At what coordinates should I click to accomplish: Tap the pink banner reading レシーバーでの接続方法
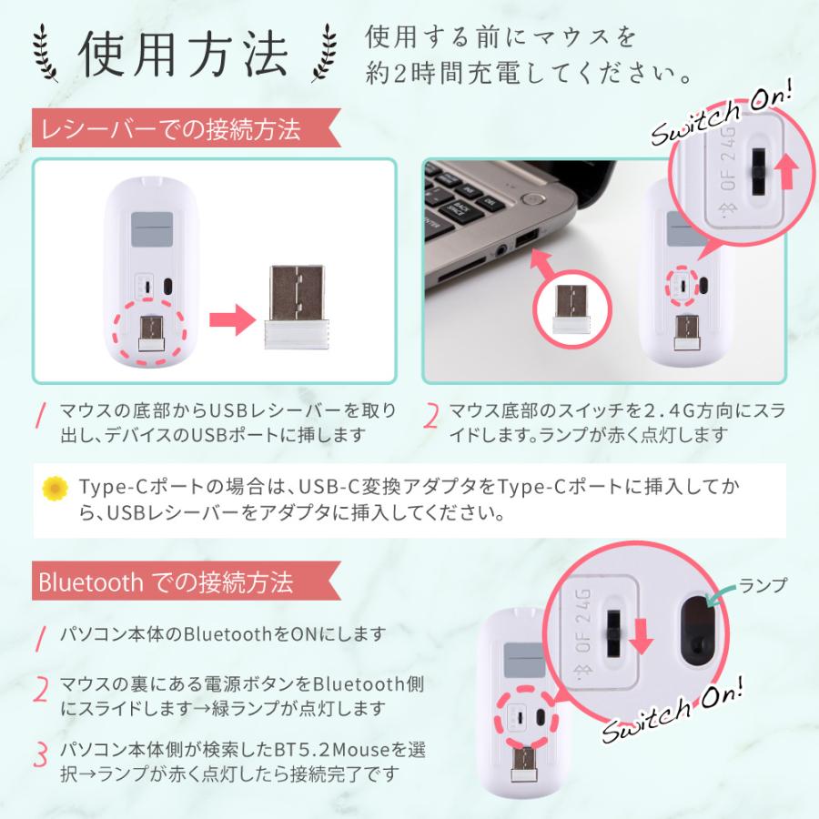click(x=167, y=130)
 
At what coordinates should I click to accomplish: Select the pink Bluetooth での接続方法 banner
click(x=165, y=581)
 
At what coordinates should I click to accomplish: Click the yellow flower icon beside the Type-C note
click(x=56, y=488)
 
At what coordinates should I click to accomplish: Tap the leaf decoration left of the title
click(x=48, y=56)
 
